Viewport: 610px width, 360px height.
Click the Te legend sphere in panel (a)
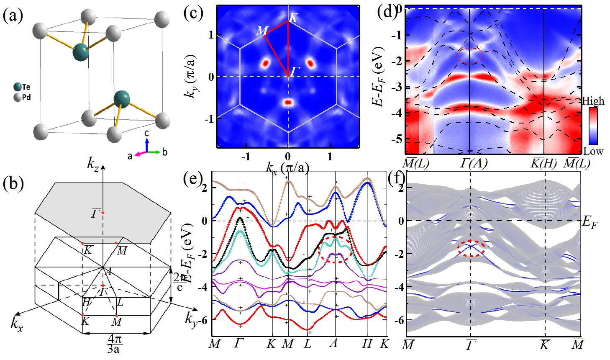point(17,87)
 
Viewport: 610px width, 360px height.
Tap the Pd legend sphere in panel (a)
point(17,98)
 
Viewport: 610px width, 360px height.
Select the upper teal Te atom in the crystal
point(81,51)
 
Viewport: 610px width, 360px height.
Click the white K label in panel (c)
point(294,18)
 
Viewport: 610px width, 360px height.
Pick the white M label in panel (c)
point(262,31)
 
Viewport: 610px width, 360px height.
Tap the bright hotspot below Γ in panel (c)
point(288,102)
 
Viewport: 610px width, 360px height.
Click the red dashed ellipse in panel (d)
point(470,56)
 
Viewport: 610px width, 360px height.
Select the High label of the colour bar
point(593,101)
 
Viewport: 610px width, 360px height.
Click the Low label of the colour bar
point(593,151)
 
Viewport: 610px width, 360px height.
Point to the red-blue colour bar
point(593,126)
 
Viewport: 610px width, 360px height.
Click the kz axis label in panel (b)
point(93,163)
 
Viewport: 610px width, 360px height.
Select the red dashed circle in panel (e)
point(335,249)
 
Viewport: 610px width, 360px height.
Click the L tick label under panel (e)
point(308,344)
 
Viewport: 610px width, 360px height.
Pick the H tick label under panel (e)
point(367,344)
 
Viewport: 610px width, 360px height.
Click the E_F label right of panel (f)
point(590,222)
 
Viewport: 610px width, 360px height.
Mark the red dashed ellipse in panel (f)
point(471,248)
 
